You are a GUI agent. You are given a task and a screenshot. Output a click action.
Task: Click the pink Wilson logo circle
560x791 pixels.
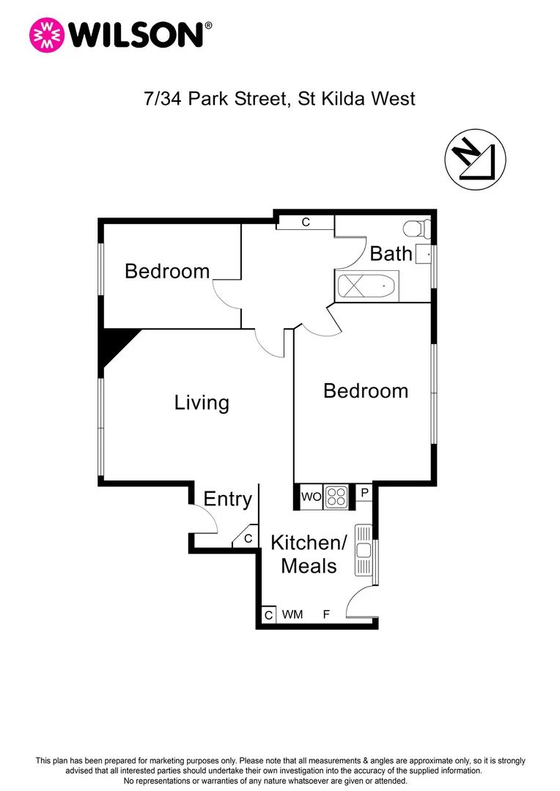pyautogui.click(x=46, y=35)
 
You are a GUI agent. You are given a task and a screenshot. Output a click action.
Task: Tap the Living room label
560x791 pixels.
pyautogui.click(x=202, y=402)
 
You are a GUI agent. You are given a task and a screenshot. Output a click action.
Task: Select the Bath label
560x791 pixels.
pyautogui.click(x=391, y=253)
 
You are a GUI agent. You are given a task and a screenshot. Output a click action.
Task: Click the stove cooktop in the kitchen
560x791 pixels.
pyautogui.click(x=337, y=497)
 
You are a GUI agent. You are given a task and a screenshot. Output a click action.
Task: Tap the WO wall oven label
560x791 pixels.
pyautogui.click(x=311, y=497)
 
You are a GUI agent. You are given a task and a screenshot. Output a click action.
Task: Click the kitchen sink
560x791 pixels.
pyautogui.click(x=364, y=550)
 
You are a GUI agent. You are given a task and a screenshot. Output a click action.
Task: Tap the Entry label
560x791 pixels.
pyautogui.click(x=227, y=499)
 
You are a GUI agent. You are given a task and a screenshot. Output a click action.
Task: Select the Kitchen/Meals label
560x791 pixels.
pyautogui.click(x=308, y=554)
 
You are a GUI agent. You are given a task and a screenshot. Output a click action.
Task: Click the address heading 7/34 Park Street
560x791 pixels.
pyautogui.click(x=279, y=98)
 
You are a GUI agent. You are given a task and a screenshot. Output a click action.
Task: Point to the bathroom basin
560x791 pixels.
pyautogui.click(x=423, y=255)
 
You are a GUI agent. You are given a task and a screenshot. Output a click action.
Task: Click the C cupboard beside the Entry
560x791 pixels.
pyautogui.click(x=248, y=538)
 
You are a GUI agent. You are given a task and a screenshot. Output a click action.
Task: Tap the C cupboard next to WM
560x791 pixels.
pyautogui.click(x=269, y=615)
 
